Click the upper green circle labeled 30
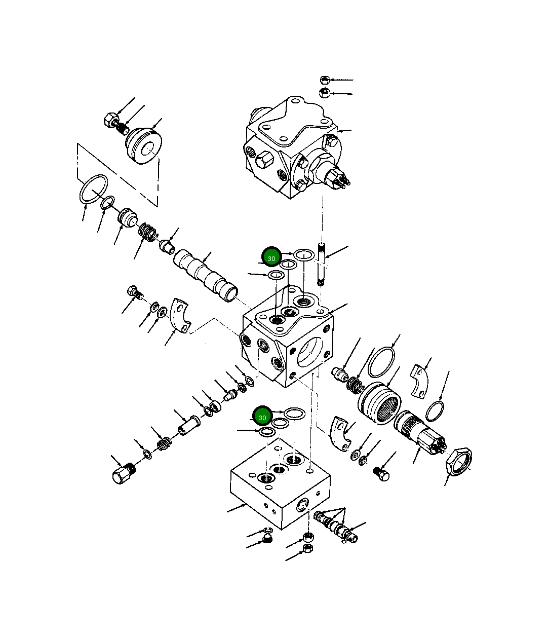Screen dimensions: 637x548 (271, 257)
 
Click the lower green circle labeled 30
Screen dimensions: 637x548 (262, 417)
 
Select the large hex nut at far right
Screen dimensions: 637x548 (458, 460)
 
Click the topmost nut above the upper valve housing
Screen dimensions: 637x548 (325, 80)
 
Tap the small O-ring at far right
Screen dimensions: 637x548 (435, 411)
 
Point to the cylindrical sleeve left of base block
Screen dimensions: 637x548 (187, 425)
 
